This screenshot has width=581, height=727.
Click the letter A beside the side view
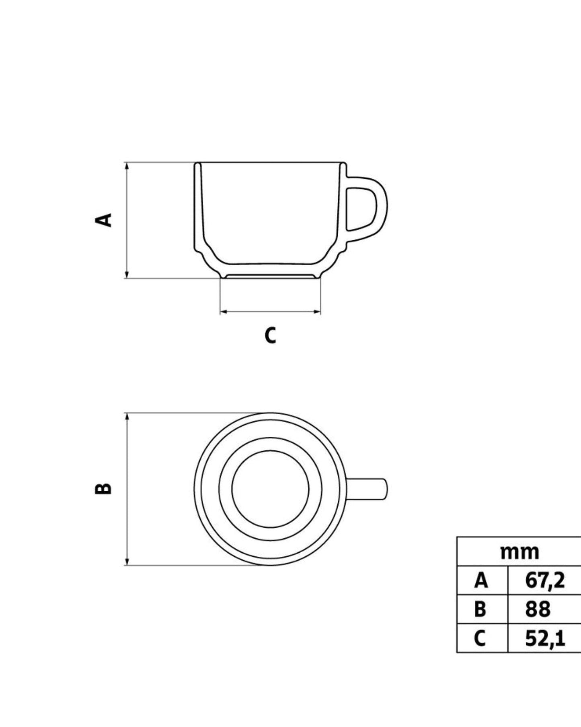(x=103, y=220)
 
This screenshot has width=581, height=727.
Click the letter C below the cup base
(x=271, y=335)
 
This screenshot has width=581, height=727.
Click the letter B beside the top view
(x=103, y=488)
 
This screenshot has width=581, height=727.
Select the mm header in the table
(x=519, y=552)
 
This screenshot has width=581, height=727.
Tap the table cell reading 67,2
(x=545, y=580)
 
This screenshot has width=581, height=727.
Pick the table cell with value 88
(x=538, y=609)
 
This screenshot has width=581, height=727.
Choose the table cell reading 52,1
(x=545, y=638)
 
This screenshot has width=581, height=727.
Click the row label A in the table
(x=481, y=580)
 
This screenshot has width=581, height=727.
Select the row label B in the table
(x=480, y=609)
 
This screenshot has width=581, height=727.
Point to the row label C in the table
(x=480, y=638)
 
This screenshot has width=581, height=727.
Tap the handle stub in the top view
(x=368, y=489)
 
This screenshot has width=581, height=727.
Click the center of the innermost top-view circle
(x=270, y=489)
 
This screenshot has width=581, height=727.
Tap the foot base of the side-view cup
(x=270, y=277)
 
